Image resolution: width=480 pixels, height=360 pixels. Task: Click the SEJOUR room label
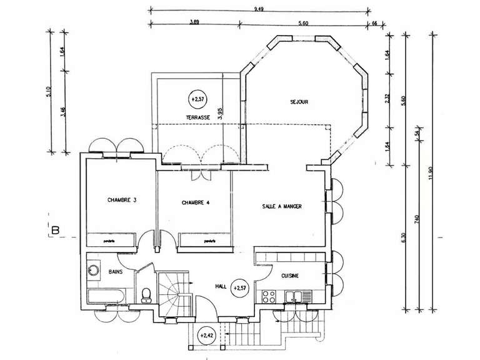click(299, 102)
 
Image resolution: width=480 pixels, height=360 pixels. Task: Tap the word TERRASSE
click(196, 117)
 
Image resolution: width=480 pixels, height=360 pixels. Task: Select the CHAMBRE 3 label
click(121, 200)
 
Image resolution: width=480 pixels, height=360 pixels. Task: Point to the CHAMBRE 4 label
click(196, 202)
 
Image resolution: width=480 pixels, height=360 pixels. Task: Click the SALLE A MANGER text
click(282, 212)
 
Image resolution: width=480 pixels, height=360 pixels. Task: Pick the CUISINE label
click(289, 276)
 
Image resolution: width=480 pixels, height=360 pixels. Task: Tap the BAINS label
click(116, 272)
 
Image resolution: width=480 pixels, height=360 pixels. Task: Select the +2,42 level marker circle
click(206, 336)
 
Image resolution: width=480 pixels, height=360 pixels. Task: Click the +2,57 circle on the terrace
click(197, 99)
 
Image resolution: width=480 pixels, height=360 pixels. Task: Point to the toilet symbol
click(147, 294)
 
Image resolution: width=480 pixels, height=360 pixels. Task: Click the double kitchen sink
click(293, 296)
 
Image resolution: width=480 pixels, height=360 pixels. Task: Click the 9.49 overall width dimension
click(258, 9)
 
